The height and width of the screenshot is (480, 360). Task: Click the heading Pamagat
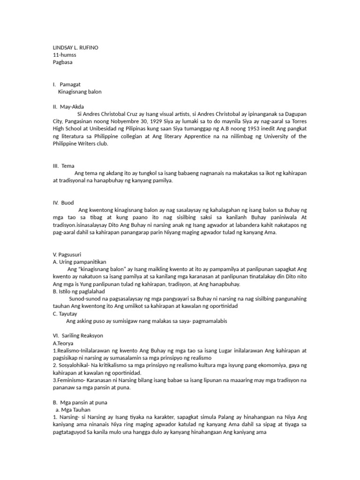[x=71, y=84]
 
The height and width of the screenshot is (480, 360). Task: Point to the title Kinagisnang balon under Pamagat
[x=80, y=91]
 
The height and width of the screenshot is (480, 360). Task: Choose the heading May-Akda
[x=72, y=106]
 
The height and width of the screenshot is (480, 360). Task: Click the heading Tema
[x=68, y=166]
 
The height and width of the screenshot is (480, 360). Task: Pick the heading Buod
[x=67, y=203]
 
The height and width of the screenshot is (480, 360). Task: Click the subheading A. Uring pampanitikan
[x=80, y=262]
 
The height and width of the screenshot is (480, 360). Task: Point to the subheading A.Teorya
[x=63, y=343]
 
